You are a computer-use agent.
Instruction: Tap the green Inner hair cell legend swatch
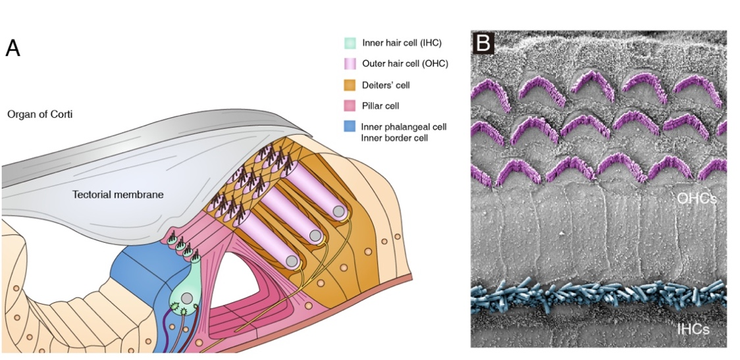pos(350,43)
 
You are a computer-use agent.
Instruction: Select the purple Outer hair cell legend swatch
pos(350,64)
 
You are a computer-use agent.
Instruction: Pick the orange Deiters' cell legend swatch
pos(350,85)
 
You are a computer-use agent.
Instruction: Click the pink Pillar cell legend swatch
pos(350,105)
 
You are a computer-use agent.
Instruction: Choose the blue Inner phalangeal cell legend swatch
pos(350,126)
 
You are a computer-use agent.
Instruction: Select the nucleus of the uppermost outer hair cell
pos(339,212)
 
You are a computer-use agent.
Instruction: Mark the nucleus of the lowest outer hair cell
pos(292,261)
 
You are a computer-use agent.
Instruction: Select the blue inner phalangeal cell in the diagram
pos(138,270)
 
